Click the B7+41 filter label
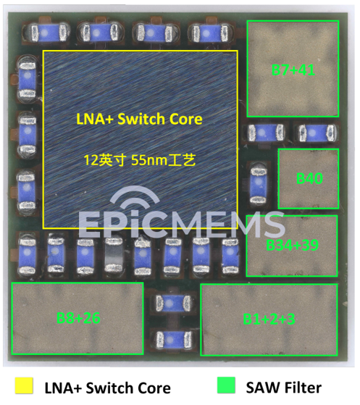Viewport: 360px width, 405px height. pos(293,70)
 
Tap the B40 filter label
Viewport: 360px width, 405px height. pos(309,178)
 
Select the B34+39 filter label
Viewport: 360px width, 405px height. pos(292,245)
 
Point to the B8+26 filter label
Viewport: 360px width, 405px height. pos(78,318)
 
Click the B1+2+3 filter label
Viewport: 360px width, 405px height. pos(269,319)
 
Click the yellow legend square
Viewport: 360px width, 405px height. pos(24,385)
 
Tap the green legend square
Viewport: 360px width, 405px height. pos(226,385)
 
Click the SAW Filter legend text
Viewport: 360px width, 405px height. pos(284,388)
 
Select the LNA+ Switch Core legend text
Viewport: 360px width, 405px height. pos(108,388)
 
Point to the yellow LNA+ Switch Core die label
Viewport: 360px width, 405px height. pos(140,119)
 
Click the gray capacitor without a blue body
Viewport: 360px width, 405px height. pos(113,255)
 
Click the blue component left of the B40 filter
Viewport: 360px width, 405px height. pos(259,185)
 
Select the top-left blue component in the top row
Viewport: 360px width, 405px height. pos(46,33)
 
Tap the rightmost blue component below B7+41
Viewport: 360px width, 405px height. pos(318,133)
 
